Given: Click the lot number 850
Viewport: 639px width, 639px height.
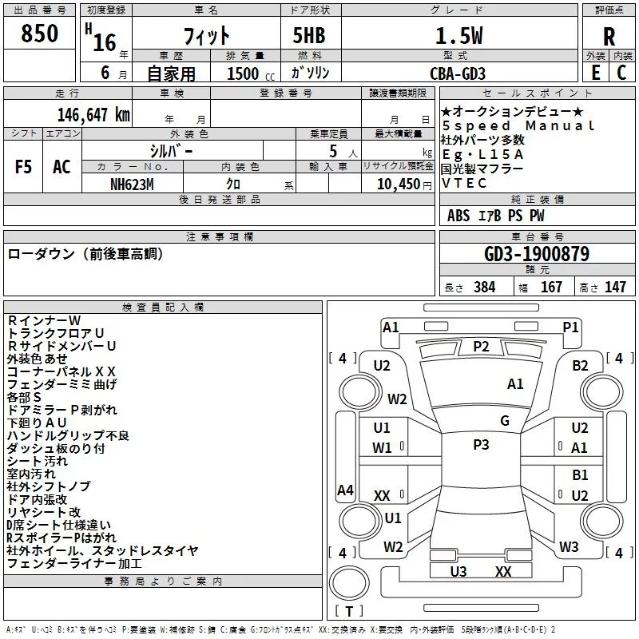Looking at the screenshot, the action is click(41, 34).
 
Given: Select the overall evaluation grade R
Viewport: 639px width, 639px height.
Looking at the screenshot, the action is click(609, 38).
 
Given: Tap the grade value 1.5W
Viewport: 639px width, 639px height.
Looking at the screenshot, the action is click(458, 36).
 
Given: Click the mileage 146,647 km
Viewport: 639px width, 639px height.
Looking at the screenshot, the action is click(93, 114).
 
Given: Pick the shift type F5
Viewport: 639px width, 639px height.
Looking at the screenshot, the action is click(23, 166).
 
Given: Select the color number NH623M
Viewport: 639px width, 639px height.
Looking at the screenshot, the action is click(133, 185).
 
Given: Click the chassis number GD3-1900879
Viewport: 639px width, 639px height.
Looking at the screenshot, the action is click(537, 255).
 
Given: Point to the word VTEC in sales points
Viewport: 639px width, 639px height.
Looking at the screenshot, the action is click(459, 183).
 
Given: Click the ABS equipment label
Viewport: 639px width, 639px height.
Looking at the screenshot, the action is click(458, 216).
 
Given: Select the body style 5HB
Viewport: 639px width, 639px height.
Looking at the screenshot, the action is click(304, 36).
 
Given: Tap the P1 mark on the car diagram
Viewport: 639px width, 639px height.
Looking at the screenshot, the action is click(570, 327).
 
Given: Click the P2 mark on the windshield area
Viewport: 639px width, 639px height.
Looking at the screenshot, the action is click(481, 346).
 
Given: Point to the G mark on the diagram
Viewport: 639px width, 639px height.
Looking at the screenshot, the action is click(504, 421).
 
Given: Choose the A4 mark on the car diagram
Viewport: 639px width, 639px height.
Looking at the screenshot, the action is click(345, 490).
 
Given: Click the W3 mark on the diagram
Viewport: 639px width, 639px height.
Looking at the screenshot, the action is click(568, 547).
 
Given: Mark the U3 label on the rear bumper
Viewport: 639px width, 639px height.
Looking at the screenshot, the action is click(458, 571).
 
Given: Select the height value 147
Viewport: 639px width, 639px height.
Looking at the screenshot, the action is click(614, 288).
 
